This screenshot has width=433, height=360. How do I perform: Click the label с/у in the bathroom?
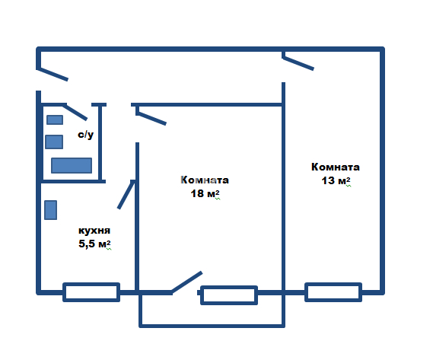(85, 135)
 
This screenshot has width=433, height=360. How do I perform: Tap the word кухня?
(94, 231)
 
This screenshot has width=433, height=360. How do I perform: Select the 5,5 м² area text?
(94, 244)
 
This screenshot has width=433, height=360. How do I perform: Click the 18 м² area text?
(205, 193)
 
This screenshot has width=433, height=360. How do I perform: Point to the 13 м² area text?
(336, 180)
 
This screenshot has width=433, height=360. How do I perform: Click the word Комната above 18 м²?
(205, 180)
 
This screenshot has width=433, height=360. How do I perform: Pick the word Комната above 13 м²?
(336, 167)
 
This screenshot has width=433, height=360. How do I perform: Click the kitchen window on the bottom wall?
(91, 292)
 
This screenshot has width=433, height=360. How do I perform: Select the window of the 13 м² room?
(333, 292)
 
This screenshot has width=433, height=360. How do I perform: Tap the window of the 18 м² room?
(229, 295)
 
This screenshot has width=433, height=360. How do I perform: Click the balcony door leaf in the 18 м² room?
(186, 282)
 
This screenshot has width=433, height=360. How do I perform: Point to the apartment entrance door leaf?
(53, 75)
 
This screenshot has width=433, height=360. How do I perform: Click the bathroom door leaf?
(75, 112)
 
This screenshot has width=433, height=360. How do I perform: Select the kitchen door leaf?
(126, 195)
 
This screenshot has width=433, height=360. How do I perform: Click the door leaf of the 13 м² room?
(298, 63)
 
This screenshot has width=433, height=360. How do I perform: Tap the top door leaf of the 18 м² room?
(151, 118)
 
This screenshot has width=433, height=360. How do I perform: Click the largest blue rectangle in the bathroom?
(72, 165)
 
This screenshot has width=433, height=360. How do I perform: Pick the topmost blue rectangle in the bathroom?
(55, 120)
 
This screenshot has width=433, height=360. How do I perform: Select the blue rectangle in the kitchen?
(50, 210)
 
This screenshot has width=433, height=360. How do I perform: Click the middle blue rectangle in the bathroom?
(54, 142)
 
